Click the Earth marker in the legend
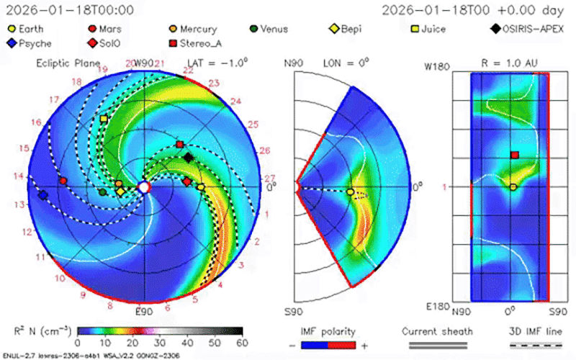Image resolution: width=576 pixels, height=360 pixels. click(x=12, y=30)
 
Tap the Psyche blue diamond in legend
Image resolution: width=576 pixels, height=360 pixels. click(x=12, y=43)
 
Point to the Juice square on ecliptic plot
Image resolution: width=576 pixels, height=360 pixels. click(x=104, y=119)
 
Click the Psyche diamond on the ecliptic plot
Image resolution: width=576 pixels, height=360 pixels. click(x=42, y=195)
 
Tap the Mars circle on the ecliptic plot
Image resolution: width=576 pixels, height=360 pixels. click(x=63, y=181)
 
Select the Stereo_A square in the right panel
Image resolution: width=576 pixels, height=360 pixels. click(x=514, y=155)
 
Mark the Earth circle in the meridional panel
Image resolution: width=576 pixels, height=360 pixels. click(x=350, y=192)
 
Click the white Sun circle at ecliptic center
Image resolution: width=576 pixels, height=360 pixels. click(x=144, y=187)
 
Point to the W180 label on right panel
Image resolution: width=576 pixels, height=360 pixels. click(x=437, y=67)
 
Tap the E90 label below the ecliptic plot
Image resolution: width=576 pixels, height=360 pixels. click(x=144, y=312)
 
